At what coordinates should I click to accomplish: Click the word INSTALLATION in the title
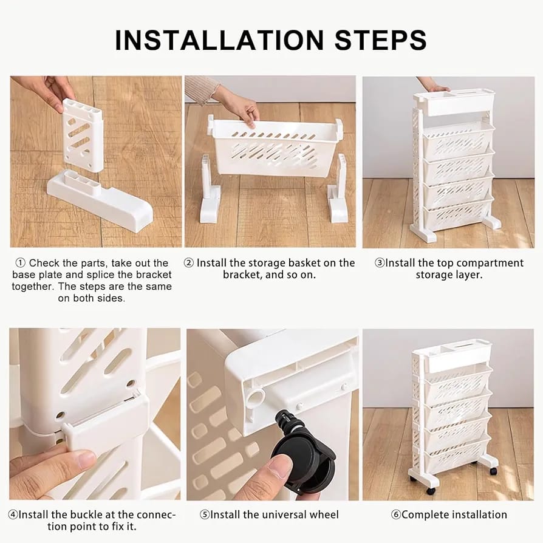coord(220,40)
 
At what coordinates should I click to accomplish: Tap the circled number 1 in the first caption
coord(20,263)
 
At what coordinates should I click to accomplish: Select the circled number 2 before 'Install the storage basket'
coord(188,263)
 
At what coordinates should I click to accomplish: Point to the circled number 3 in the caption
coord(380,263)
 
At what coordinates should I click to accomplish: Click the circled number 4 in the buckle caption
coord(13,514)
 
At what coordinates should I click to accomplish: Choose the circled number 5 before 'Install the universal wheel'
coord(205,514)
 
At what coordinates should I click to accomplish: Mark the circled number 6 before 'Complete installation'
coord(395,514)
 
